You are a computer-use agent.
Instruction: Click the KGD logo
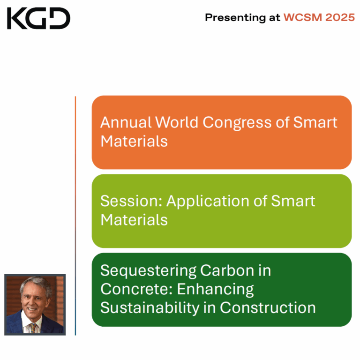38,18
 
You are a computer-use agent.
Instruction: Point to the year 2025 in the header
338,18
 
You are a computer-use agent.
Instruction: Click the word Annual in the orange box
126,122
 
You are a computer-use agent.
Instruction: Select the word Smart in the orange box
315,122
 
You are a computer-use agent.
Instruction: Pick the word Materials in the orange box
134,141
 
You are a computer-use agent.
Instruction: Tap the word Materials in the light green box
134,220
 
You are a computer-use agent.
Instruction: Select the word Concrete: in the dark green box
136,289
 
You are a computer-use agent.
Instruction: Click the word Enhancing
215,290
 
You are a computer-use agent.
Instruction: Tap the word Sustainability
153,308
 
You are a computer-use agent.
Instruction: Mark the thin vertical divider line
75,216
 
